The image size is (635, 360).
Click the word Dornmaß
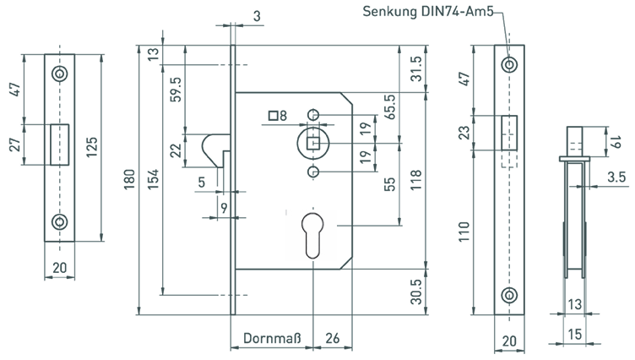point(269,338)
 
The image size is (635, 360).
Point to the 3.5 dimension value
point(616,177)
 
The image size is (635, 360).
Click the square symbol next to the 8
point(274,116)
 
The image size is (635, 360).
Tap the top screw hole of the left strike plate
point(59,74)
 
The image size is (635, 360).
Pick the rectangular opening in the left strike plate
point(59,144)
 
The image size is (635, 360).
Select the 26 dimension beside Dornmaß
point(332,338)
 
